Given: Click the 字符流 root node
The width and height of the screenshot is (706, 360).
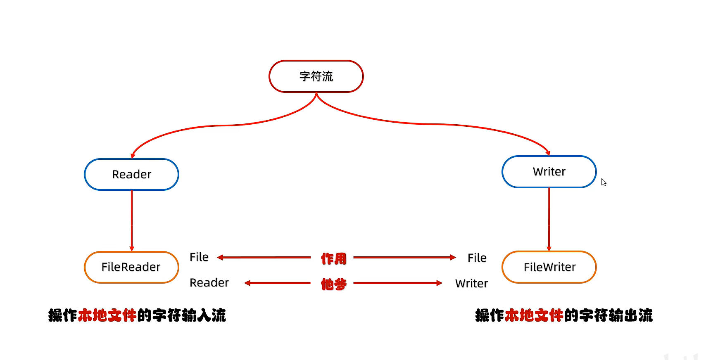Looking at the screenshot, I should pyautogui.click(x=316, y=76).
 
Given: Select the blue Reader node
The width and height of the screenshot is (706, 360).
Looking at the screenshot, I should pyautogui.click(x=131, y=174).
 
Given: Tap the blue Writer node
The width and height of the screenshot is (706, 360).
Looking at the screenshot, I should pyautogui.click(x=549, y=172).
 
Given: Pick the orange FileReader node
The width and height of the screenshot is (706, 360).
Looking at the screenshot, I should pyautogui.click(x=131, y=267).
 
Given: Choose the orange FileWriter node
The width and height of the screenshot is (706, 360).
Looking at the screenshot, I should pyautogui.click(x=549, y=267).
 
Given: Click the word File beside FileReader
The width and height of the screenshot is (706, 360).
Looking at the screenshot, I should pyautogui.click(x=199, y=257).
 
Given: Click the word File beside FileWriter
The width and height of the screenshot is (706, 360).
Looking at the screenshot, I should pyautogui.click(x=477, y=258).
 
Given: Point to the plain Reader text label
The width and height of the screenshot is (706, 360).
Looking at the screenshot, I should pyautogui.click(x=209, y=283).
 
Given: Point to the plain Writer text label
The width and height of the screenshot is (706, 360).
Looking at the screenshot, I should pyautogui.click(x=471, y=284).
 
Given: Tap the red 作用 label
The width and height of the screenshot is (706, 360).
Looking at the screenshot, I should pyautogui.click(x=333, y=259).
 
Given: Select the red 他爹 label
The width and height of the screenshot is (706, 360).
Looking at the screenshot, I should pyautogui.click(x=333, y=284).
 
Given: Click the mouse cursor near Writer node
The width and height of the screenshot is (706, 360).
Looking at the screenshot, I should pyautogui.click(x=604, y=182).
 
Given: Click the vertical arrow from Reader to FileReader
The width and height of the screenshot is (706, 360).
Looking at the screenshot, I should pyautogui.click(x=132, y=221).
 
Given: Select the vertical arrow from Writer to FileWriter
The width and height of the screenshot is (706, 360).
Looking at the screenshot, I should pyautogui.click(x=549, y=219).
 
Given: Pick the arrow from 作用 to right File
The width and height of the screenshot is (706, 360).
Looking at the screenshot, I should pyautogui.click(x=404, y=258).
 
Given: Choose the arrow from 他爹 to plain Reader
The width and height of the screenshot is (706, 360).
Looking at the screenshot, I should pyautogui.click(x=277, y=283).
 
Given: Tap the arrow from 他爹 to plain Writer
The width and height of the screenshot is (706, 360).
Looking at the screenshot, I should pyautogui.click(x=398, y=283).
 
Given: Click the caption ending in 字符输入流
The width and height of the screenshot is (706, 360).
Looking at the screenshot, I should pyautogui.click(x=137, y=315).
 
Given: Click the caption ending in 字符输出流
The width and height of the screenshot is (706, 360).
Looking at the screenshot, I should pyautogui.click(x=564, y=315).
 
